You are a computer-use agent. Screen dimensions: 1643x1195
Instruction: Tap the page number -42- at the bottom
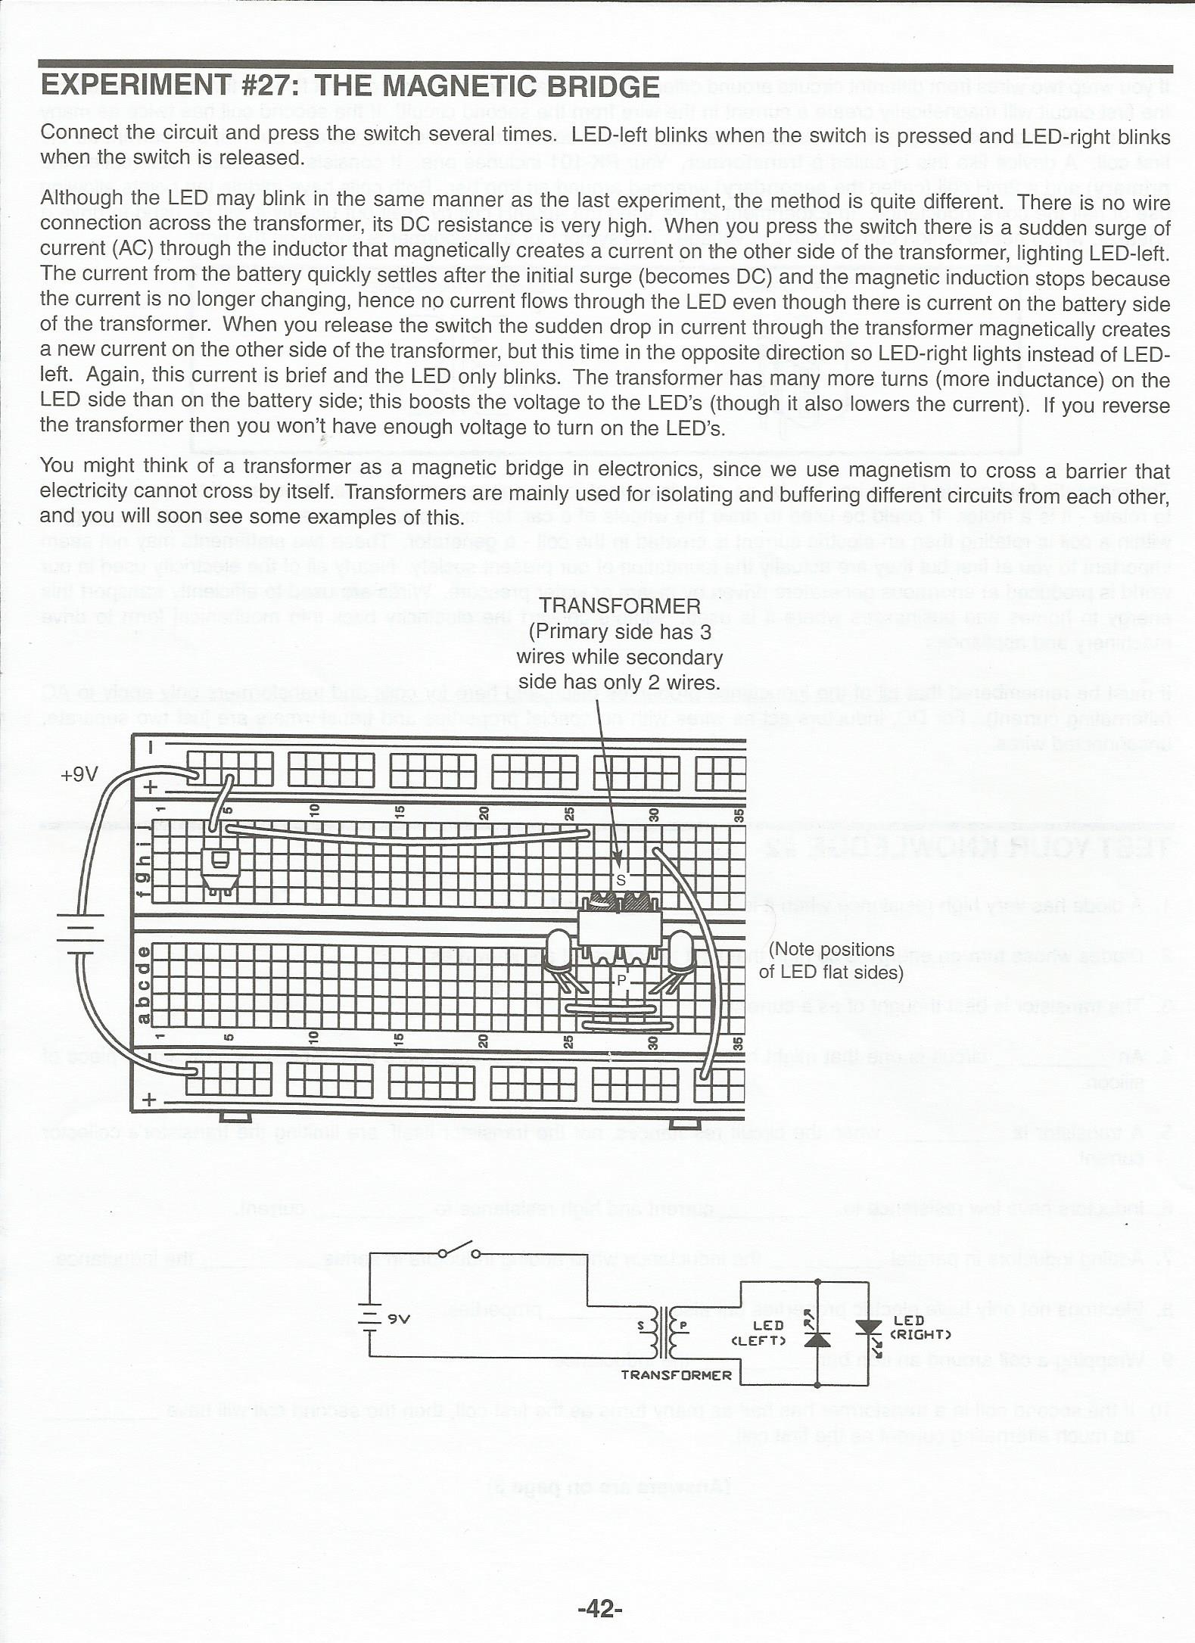click(599, 1608)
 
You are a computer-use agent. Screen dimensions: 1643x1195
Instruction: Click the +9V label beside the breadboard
click(79, 774)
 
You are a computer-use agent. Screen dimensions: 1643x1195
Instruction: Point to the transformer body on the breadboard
click(618, 927)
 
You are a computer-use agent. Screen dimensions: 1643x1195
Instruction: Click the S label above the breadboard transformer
click(621, 879)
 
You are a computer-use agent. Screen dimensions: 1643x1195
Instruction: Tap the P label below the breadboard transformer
click(622, 980)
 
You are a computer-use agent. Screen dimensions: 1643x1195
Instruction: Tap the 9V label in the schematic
click(398, 1318)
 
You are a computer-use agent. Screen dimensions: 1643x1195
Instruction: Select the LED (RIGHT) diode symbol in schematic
click(868, 1329)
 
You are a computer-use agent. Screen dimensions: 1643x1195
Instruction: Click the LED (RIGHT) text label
click(920, 1327)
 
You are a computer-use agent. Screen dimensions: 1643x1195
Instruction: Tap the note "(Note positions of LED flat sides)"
click(831, 960)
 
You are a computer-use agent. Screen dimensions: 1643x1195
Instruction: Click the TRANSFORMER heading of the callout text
click(620, 605)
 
